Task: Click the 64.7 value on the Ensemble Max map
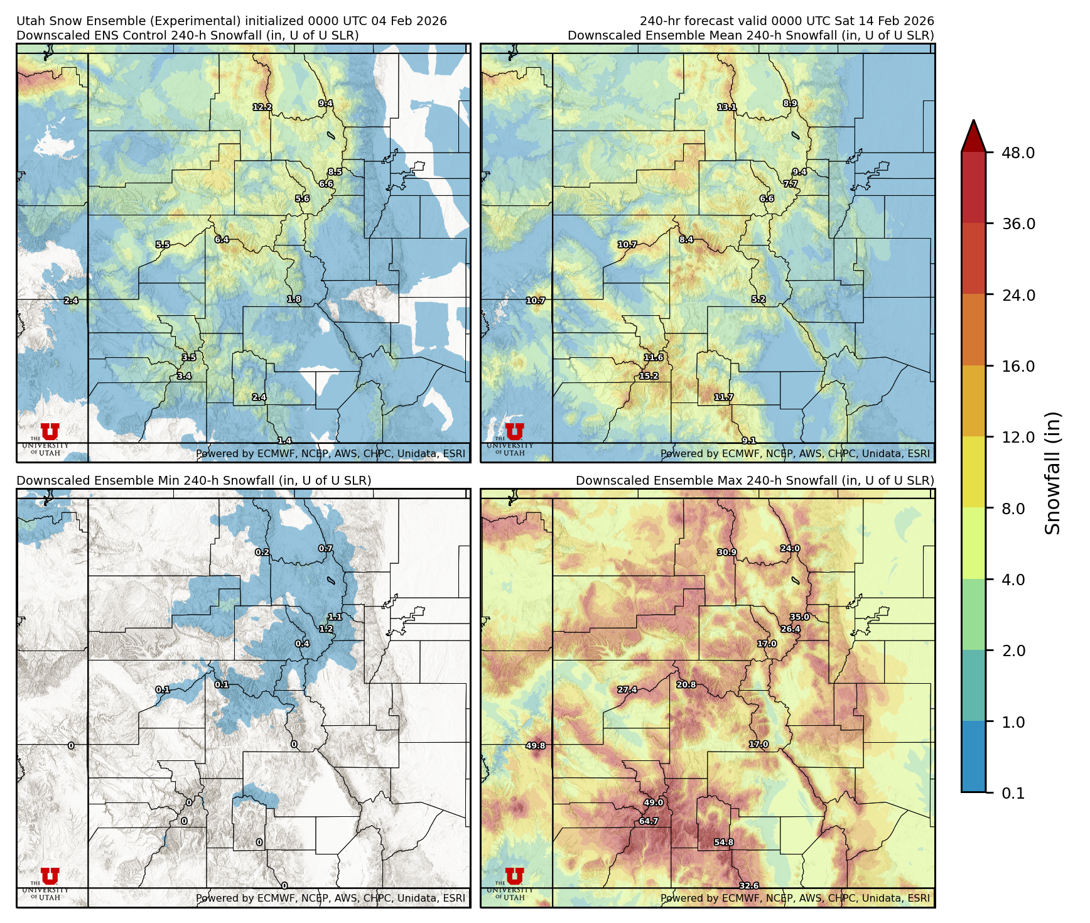pos(649,821)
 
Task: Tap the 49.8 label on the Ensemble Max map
pos(536,745)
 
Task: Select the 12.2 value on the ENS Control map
pos(262,107)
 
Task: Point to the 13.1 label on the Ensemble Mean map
pos(727,107)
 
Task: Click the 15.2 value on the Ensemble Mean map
pos(649,376)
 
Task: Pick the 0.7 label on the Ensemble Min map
pos(325,548)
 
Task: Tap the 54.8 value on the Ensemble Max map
pos(724,842)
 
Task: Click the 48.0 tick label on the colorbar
pos(1018,153)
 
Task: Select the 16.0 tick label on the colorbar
pos(1018,366)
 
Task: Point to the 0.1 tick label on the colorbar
pos(1013,793)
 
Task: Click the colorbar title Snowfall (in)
pos(1053,473)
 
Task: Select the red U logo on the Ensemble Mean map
pos(514,431)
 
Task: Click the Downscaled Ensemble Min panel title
pos(193,480)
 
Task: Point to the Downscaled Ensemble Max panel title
pos(755,480)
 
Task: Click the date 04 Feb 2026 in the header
pos(409,21)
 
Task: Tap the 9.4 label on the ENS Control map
pos(325,103)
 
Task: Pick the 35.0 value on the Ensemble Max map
pos(799,617)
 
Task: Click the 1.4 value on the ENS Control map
pos(284,441)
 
